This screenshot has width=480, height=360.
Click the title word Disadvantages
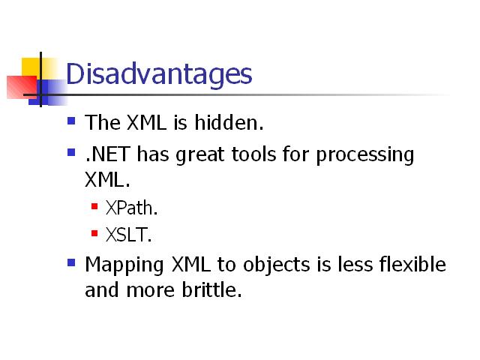tap(159, 74)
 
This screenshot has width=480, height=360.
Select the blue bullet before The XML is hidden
tap(71, 121)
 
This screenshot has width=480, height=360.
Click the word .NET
tap(108, 154)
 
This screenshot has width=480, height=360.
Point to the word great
tap(200, 155)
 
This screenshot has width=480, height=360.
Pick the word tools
tap(254, 154)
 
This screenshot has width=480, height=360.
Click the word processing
tap(365, 155)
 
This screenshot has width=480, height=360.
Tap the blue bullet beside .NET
tap(71, 152)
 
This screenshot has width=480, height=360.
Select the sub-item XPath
tap(132, 208)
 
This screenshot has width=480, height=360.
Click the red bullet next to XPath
tap(94, 206)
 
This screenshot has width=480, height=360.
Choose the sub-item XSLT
tap(128, 235)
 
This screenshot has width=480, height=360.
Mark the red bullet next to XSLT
tap(94, 233)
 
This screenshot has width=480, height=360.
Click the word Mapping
tap(124, 265)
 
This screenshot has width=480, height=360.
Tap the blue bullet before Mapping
tap(71, 262)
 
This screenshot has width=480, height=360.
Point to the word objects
tap(277, 265)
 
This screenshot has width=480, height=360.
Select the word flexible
tap(412, 264)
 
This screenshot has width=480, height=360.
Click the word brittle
tap(211, 289)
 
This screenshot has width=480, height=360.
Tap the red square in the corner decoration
tap(22, 87)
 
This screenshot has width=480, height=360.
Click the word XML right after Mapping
tap(191, 264)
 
